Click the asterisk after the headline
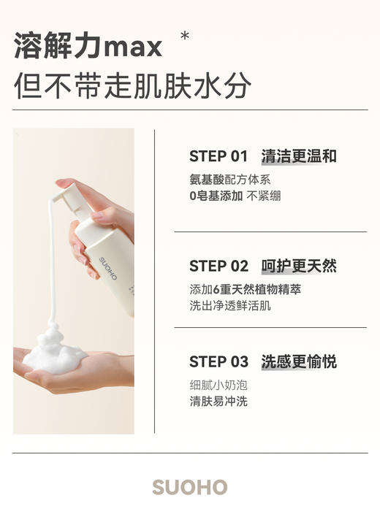tap(184, 36)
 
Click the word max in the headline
tap(133, 47)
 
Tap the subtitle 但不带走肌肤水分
tap(132, 86)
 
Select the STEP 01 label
tap(218, 156)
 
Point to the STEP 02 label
tap(218, 266)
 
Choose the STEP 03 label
tap(218, 362)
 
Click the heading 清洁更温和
tap(299, 156)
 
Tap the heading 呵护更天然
tap(299, 266)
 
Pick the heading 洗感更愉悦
tap(299, 362)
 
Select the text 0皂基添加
tap(216, 196)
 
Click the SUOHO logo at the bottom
tap(190, 488)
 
